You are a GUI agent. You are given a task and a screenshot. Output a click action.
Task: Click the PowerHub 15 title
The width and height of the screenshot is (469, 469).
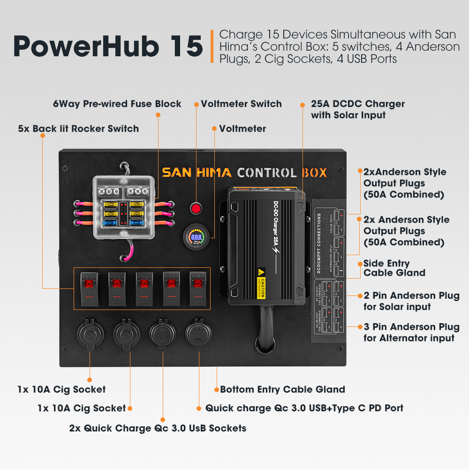pos(107,46)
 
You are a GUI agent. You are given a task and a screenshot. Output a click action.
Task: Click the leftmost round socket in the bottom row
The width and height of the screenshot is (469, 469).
pos(90,334)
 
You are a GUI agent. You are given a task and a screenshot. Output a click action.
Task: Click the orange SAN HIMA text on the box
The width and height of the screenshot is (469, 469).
pos(197,172)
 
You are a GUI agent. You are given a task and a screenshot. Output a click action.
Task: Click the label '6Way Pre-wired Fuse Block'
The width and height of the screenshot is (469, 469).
pos(117,104)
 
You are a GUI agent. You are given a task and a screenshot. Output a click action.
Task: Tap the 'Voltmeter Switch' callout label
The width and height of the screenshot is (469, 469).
pos(241,104)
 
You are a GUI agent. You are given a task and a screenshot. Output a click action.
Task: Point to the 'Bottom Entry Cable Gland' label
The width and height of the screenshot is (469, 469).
pos(282,389)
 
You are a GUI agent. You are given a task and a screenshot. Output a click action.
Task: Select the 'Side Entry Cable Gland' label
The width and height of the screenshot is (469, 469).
pos(394,268)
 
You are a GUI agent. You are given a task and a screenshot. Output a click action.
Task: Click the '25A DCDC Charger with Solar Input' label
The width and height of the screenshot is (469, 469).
pos(357,109)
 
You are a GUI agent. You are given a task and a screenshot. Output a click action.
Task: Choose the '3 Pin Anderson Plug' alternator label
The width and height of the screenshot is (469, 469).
pos(411,332)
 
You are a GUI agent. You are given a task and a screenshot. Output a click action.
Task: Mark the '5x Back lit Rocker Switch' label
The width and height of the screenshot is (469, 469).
pos(78,129)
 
